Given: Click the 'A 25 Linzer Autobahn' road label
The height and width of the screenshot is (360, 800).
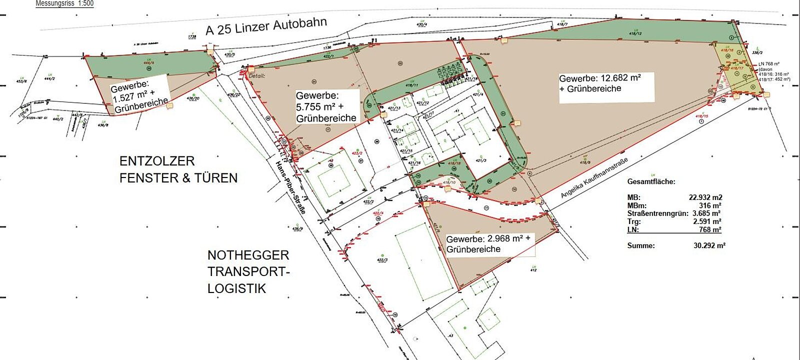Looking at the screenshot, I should (x=266, y=26).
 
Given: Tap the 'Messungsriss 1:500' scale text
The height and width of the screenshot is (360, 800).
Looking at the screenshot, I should (x=64, y=3).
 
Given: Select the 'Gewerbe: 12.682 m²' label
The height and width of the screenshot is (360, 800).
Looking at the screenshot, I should (x=600, y=78).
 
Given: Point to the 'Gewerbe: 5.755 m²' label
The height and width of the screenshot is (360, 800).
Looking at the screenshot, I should (x=317, y=95).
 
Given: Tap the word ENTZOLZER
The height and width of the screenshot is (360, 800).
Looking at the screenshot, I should (x=157, y=161).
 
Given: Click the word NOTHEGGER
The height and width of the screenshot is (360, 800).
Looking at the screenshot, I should (x=248, y=255).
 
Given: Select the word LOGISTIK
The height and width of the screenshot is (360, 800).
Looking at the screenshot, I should (x=236, y=288).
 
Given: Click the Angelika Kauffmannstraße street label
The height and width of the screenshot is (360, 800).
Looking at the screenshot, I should (x=593, y=178).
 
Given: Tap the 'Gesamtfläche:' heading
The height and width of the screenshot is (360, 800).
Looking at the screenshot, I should (x=651, y=181).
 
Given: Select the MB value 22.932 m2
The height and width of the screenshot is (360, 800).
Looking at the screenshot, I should (x=705, y=197).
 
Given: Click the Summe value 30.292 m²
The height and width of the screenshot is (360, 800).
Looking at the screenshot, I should (x=709, y=245).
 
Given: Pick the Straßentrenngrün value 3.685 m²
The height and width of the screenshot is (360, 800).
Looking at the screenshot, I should (x=706, y=213).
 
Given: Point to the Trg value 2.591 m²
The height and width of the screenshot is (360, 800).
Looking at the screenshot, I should (x=707, y=221).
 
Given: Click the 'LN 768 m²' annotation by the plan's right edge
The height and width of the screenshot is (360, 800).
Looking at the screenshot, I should (x=769, y=64).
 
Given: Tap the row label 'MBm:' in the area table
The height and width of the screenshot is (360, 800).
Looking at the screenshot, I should (x=636, y=205).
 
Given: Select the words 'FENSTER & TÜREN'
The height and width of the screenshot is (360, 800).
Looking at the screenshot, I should (x=178, y=178).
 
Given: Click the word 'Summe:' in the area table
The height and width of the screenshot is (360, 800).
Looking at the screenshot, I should (x=640, y=245).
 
